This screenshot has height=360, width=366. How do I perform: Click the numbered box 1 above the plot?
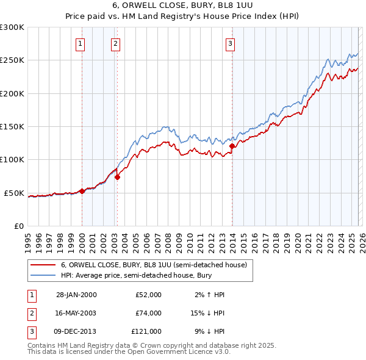coord(81,43)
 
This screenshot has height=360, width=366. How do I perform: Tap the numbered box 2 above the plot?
coord(116,43)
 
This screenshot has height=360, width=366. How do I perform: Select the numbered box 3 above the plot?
coord(231,43)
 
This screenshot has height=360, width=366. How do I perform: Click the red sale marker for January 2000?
coord(82,191)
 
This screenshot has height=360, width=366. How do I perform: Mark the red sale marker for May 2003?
coord(118,177)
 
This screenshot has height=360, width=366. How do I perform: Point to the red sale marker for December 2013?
coord(232,146)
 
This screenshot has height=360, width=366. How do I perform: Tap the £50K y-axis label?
coord(14,193)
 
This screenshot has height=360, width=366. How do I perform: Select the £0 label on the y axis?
coord(18,226)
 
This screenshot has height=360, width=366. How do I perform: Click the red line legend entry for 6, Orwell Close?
coord(153,265)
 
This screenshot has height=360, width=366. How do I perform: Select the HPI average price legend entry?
coord(134,276)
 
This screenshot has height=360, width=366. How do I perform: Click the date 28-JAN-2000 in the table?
coord(76,295)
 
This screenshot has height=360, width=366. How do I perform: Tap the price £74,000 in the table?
coord(148,313)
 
